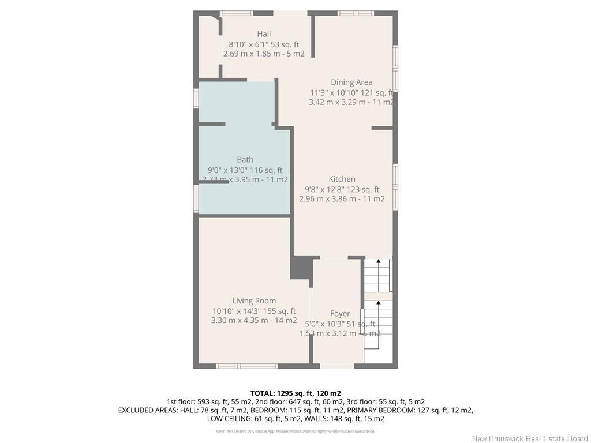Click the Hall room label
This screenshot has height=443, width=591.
point(264,34)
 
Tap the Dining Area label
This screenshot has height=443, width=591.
point(351,82)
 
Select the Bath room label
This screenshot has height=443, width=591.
point(245,160)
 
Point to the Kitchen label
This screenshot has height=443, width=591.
point(342,179)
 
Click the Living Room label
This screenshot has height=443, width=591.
point(254,301)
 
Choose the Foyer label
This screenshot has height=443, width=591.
point(340,314)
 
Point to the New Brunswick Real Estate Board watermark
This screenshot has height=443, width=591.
point(529,438)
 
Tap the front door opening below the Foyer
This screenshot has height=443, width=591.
point(337,366)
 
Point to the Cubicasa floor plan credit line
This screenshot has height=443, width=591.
point(295,431)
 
